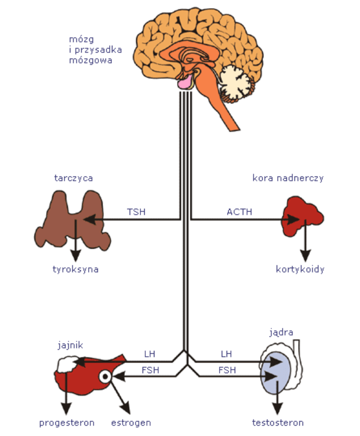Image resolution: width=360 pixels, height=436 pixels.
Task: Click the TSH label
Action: tap(136, 212)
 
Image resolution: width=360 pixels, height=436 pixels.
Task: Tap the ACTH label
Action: tap(237, 212)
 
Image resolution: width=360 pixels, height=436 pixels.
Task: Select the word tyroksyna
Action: tap(75, 269)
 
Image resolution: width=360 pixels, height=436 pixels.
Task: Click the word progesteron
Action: tap(67, 423)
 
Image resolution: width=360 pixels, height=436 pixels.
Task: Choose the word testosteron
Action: tap(278, 423)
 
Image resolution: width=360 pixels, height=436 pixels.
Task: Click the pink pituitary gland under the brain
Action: tap(186, 82)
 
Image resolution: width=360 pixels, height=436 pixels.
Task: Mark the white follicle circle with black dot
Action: tap(106, 377)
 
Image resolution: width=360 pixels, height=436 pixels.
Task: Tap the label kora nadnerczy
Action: tap(288, 178)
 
